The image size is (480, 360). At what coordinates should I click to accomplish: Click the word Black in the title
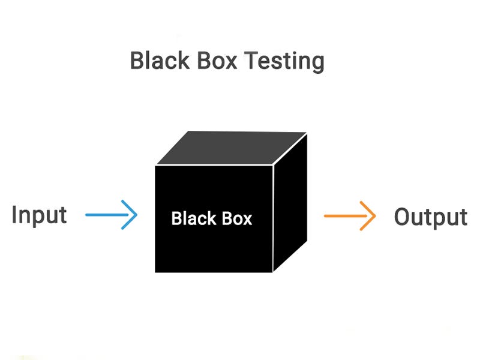(x=158, y=61)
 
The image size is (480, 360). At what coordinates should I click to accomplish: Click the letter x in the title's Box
(x=229, y=63)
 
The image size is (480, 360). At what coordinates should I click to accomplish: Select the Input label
(x=39, y=215)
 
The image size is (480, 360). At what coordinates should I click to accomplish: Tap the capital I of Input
(x=14, y=214)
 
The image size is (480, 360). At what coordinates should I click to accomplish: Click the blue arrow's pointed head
(x=136, y=215)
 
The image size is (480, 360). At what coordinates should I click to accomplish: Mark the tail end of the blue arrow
(x=87, y=215)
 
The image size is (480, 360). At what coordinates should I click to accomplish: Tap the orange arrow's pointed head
(x=374, y=215)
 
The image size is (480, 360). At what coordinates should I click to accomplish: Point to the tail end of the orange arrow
(x=325, y=215)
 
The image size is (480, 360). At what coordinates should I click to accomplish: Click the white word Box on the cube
(x=235, y=218)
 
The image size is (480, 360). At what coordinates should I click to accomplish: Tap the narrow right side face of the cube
(x=290, y=204)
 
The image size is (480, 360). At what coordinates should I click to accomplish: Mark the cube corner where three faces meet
(x=274, y=165)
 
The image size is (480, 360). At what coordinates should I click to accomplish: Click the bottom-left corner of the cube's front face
(x=155, y=272)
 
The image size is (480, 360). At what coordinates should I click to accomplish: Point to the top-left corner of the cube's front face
(x=155, y=166)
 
